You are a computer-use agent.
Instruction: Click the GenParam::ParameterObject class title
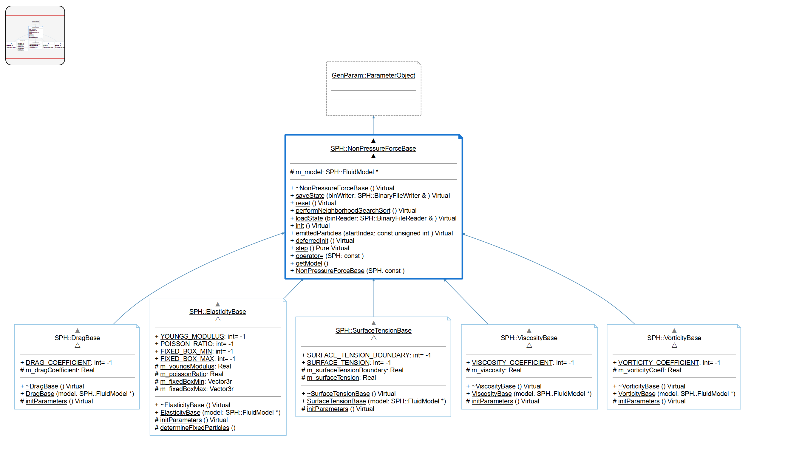point(373,75)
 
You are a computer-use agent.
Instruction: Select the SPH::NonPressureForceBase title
point(373,149)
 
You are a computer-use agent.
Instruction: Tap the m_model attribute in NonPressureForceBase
point(308,172)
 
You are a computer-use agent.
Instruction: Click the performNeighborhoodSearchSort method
point(343,211)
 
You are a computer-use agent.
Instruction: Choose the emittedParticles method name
point(318,233)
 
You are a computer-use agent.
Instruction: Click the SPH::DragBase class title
point(77,338)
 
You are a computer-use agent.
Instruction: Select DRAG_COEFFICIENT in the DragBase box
point(58,363)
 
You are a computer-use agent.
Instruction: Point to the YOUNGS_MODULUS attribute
point(192,337)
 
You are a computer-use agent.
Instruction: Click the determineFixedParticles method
point(194,428)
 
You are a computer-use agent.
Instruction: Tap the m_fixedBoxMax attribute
point(183,389)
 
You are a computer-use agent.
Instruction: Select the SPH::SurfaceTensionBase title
point(373,331)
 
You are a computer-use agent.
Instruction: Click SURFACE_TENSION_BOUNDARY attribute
point(358,355)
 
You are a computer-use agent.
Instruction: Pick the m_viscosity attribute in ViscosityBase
point(488,370)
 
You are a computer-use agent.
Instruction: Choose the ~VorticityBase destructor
point(639,386)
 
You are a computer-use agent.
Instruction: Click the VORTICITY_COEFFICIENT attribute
point(659,363)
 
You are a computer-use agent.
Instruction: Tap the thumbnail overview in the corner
point(35,36)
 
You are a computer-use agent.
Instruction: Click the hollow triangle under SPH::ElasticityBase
point(218,319)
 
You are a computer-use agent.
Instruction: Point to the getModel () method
point(309,263)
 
